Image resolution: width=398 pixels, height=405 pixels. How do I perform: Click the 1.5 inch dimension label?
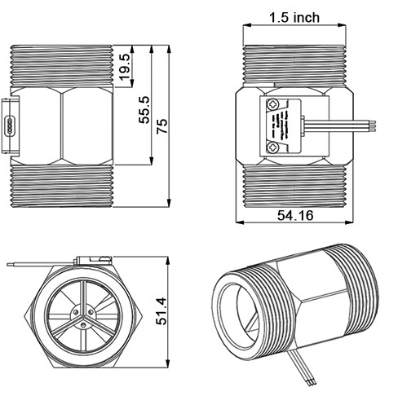tap(296, 17)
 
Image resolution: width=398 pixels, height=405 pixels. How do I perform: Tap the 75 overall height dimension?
tap(161, 125)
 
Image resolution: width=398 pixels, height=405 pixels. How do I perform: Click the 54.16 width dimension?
tap(294, 215)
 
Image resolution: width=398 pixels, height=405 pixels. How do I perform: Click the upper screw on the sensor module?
tap(273, 103)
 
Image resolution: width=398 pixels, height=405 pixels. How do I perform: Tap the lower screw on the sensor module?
tap(273, 147)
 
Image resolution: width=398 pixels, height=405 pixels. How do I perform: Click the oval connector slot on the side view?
tap(8, 125)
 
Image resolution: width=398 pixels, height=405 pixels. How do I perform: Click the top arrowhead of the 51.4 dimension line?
tap(168, 260)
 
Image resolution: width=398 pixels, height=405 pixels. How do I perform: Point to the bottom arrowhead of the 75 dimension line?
tap(168, 205)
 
